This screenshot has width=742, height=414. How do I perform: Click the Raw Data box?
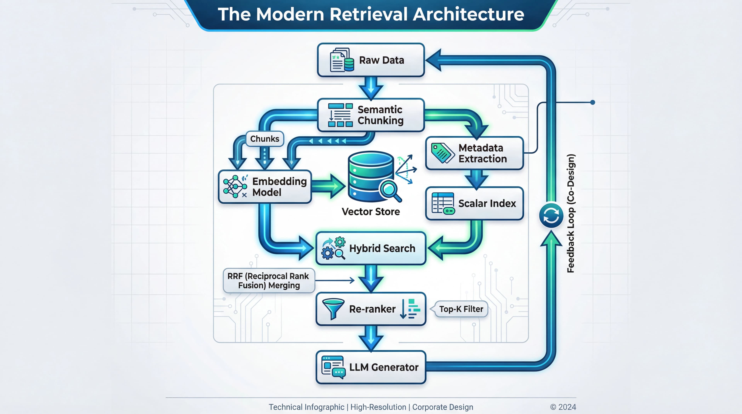371,60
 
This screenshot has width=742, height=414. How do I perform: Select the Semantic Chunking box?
371,115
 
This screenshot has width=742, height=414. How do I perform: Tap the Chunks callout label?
264,139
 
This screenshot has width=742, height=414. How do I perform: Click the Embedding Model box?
265,187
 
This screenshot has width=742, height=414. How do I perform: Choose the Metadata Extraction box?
474,153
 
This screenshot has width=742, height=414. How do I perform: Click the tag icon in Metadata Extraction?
442,153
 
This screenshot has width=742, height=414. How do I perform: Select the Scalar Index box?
474,203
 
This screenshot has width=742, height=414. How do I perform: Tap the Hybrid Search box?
371,248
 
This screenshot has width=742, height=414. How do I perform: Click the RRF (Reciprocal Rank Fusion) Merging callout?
268,281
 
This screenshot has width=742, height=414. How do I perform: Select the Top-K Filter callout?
461,309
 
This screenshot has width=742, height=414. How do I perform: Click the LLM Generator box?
371,367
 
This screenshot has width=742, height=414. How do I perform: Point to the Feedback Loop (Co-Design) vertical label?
570,213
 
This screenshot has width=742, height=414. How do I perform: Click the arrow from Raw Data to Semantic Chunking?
371,88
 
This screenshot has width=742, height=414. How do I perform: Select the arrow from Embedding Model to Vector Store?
328,186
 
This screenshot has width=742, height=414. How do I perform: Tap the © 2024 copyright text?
563,407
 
